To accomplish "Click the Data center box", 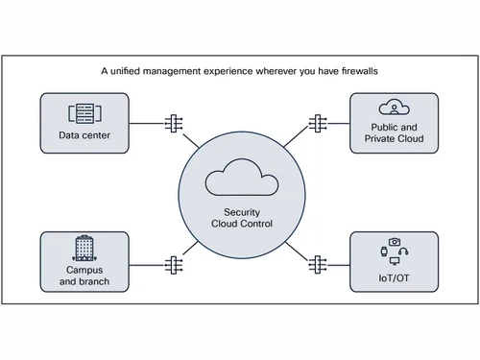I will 84,123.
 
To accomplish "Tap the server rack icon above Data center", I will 84,112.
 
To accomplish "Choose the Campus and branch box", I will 84,261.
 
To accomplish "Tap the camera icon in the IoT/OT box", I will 395,242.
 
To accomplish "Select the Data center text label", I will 84,135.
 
